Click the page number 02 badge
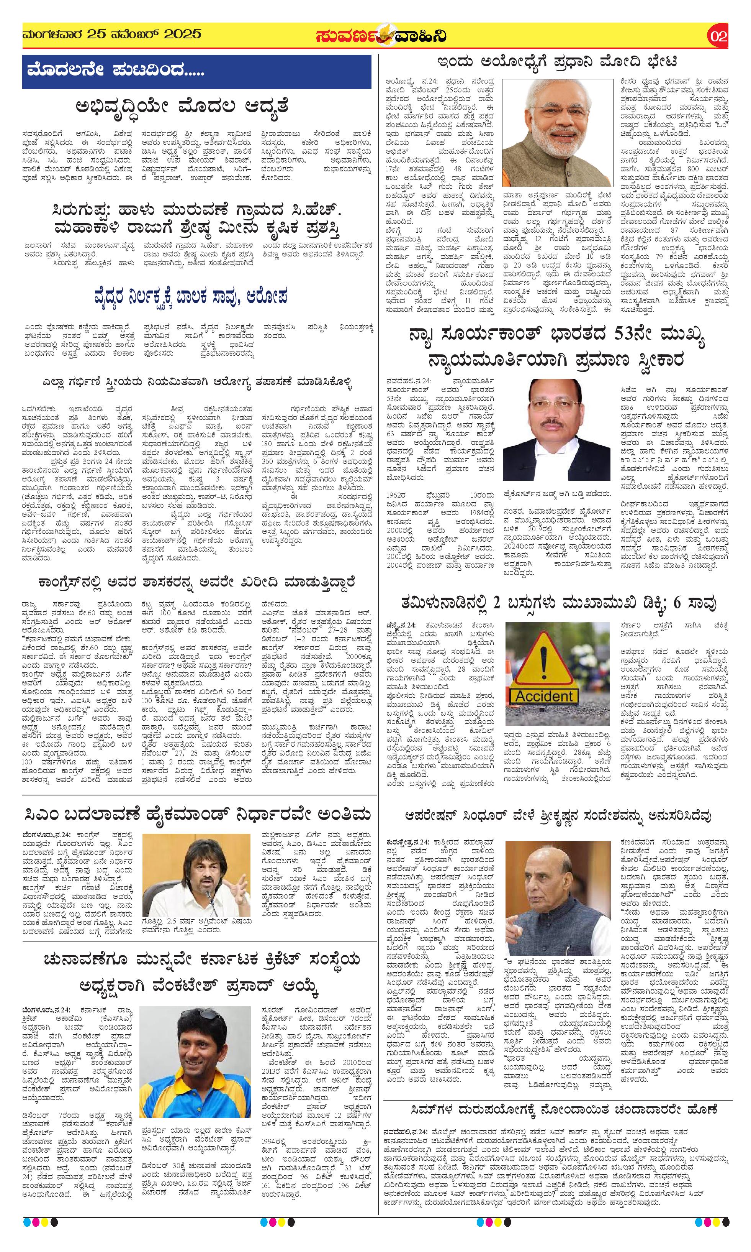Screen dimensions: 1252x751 (718, 36)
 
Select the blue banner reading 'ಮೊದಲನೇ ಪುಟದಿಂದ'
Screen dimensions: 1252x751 (196, 71)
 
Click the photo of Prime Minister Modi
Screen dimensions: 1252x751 (557, 133)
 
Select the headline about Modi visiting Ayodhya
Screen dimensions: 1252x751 (557, 62)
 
